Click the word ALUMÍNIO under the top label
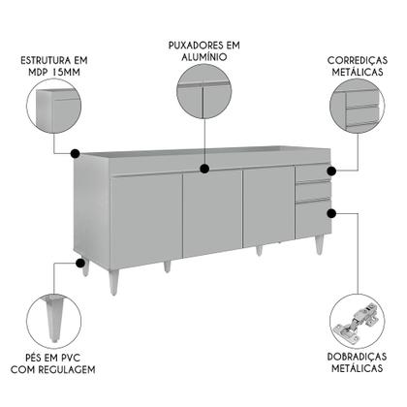pyautogui.click(x=203, y=59)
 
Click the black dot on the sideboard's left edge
pyautogui.click(x=76, y=152)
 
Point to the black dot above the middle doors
pyautogui.click(x=204, y=169)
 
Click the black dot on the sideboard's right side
pyautogui.click(x=332, y=211)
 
